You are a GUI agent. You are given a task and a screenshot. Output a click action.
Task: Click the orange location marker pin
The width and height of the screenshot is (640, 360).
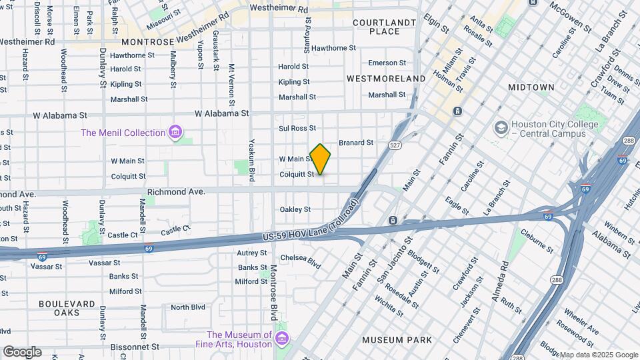[320, 159]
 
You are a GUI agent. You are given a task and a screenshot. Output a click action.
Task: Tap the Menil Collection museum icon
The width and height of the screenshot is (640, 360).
[175, 132]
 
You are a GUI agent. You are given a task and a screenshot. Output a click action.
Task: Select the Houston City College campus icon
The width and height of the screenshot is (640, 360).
[501, 127]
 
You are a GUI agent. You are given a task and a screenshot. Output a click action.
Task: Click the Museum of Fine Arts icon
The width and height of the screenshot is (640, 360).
[281, 339]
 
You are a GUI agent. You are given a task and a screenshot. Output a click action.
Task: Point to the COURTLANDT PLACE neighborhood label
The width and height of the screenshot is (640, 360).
[385, 27]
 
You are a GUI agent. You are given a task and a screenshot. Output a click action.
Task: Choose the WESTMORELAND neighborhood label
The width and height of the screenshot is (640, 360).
[386, 79]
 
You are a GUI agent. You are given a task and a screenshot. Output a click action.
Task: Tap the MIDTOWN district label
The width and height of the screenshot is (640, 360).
[531, 87]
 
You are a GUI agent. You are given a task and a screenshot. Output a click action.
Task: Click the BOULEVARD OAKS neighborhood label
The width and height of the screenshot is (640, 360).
[67, 308]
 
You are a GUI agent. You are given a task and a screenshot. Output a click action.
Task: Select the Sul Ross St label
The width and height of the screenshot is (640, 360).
[297, 128]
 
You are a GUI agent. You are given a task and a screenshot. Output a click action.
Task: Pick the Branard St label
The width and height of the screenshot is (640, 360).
[356, 143]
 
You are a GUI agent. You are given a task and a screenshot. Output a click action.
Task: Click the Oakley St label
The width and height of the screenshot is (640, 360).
[295, 209]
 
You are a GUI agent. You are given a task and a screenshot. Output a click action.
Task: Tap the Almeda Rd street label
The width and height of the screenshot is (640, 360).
[500, 280]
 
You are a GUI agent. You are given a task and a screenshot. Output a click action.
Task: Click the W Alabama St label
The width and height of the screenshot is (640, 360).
[221, 113]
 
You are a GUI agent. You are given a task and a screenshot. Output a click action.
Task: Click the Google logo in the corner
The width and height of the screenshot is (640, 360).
[21, 352]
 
